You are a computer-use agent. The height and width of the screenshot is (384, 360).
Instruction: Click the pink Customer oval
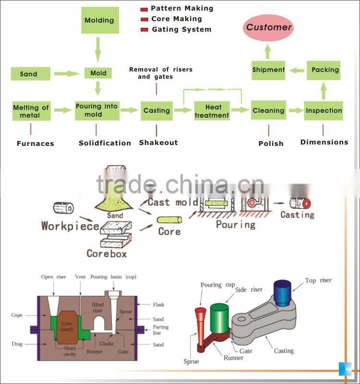coord(269,27)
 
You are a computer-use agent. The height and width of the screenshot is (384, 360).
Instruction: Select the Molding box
coord(99,21)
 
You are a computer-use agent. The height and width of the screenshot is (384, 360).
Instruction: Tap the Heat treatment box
coord(212,111)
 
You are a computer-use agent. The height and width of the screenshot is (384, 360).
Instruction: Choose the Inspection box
coord(324,110)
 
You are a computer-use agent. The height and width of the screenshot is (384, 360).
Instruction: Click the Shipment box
coord(268,70)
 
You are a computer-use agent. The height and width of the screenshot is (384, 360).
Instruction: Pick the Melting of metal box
coord(30,111)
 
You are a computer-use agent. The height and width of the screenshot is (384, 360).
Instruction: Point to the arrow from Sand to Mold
coord(67,74)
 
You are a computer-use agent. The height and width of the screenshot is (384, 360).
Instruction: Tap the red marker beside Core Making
coord(144,20)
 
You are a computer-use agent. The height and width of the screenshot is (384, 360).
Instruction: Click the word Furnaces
coord(36,144)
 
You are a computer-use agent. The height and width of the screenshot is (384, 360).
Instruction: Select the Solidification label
coord(105,143)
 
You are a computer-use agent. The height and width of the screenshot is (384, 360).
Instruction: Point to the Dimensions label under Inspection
coord(324,142)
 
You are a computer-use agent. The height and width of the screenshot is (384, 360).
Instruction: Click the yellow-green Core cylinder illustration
coord(169,220)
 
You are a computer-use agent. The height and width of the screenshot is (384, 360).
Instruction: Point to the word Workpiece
coord(70,226)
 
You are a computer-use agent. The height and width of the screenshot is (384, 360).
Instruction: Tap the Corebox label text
coord(107,253)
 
